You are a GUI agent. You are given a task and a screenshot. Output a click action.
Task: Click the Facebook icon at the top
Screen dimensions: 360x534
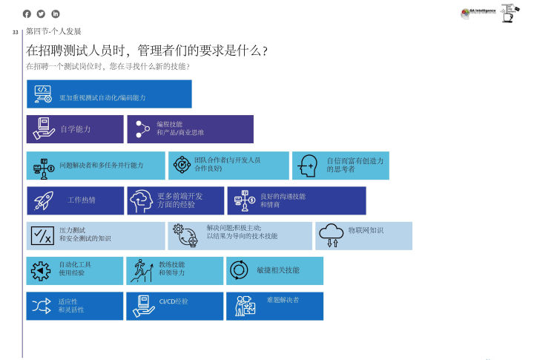tap(28, 14)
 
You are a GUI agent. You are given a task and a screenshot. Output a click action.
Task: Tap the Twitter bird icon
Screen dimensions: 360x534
tap(42, 14)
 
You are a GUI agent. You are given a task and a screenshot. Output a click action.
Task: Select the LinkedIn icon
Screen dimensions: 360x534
tap(55, 14)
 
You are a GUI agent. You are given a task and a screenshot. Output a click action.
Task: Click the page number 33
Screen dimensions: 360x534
tap(16, 33)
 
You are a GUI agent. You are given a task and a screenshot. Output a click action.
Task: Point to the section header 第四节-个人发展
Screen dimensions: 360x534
tap(53, 32)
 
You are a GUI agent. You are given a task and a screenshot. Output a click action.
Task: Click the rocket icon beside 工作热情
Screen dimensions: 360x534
tap(44, 200)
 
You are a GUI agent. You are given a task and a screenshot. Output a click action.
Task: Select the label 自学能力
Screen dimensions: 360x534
tap(75, 129)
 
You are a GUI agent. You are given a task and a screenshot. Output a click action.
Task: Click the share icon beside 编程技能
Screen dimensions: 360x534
tap(141, 129)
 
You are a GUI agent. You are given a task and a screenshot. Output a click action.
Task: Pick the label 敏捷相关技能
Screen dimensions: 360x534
tap(278, 270)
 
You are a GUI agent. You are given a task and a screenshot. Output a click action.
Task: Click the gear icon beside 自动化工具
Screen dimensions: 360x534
tap(40, 271)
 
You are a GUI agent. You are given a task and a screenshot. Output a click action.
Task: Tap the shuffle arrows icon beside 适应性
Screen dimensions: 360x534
tap(40, 305)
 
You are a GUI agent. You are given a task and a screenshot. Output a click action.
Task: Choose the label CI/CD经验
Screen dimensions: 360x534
tap(174, 301)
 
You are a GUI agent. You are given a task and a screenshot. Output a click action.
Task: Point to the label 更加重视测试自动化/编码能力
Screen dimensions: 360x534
tap(102, 98)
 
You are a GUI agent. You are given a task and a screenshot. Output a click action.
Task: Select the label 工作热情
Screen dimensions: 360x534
tap(82, 200)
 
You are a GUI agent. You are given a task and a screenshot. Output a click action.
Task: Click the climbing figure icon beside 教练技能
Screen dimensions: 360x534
tap(140, 271)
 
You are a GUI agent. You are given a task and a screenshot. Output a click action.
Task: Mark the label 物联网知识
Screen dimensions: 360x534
tap(366, 230)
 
